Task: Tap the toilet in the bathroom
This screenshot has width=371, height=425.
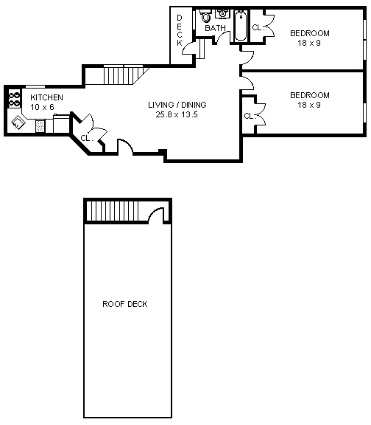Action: (x=205, y=16)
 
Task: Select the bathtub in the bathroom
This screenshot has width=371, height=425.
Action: (x=240, y=26)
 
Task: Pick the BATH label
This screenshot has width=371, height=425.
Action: (x=215, y=29)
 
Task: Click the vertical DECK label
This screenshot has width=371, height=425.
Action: (x=180, y=31)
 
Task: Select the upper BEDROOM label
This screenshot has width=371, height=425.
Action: (x=309, y=33)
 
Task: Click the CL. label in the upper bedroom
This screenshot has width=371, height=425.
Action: (x=257, y=27)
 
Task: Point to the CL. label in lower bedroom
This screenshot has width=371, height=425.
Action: (x=249, y=116)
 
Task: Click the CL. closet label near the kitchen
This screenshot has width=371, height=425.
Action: (x=85, y=137)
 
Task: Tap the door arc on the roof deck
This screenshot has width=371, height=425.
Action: (x=157, y=214)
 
